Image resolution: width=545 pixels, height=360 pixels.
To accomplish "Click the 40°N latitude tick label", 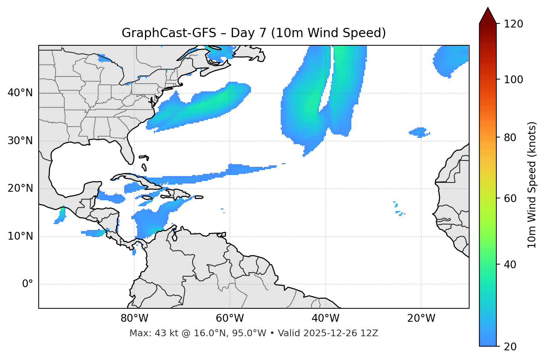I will tap(20, 93).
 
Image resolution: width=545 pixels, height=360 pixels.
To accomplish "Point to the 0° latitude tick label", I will tap(28, 284).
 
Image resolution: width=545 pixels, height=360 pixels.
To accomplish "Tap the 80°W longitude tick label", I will tap(134, 318).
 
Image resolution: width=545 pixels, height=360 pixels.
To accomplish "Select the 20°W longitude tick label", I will tap(421, 318).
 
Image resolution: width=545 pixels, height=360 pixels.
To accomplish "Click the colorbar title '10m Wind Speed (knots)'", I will tap(532, 185).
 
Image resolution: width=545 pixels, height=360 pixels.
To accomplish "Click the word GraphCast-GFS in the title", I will tap(169, 33).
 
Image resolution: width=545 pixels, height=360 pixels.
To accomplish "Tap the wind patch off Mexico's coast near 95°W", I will tap(61, 215).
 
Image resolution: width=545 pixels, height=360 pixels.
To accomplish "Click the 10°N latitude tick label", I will tap(20, 236).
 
